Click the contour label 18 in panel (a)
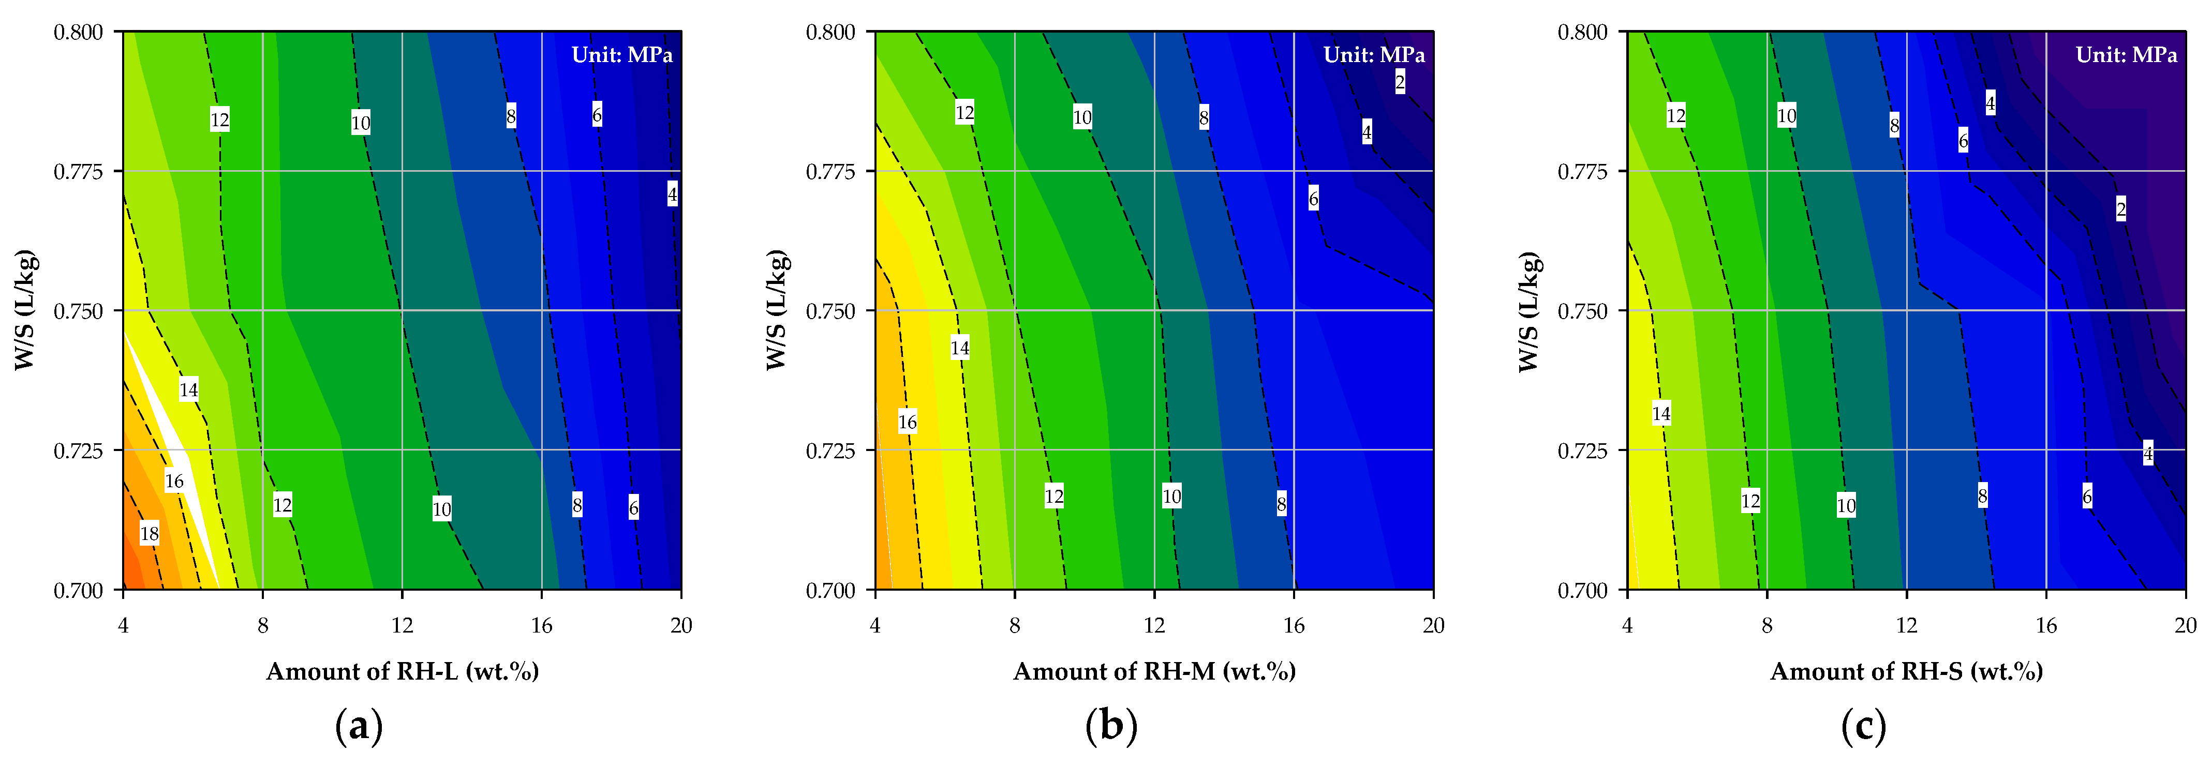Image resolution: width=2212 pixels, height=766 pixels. point(150,533)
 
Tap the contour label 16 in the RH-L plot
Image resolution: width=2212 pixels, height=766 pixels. point(174,481)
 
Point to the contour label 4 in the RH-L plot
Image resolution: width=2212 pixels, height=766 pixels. point(672,194)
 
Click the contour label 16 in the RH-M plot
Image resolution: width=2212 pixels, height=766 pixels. point(908,422)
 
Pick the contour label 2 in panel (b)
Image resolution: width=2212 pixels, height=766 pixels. point(1400,82)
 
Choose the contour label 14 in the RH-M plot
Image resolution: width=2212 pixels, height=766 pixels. point(960,347)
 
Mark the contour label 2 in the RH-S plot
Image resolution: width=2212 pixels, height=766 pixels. point(2121,208)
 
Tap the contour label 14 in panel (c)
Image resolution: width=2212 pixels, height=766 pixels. point(1661,414)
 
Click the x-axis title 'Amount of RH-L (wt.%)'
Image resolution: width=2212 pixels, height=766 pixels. point(403,671)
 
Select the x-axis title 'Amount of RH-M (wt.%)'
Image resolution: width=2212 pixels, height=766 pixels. point(1155,671)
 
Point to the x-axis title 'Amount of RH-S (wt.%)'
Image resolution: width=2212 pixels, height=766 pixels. point(1907,671)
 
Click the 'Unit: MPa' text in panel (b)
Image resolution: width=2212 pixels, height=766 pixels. point(1374,55)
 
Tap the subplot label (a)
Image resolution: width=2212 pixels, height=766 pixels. point(359,727)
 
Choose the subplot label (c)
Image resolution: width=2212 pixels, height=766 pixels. point(1863,727)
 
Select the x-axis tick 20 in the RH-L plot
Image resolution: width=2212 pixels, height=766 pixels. point(681,625)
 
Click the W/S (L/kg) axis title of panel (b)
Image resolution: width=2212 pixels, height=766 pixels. point(776,310)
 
